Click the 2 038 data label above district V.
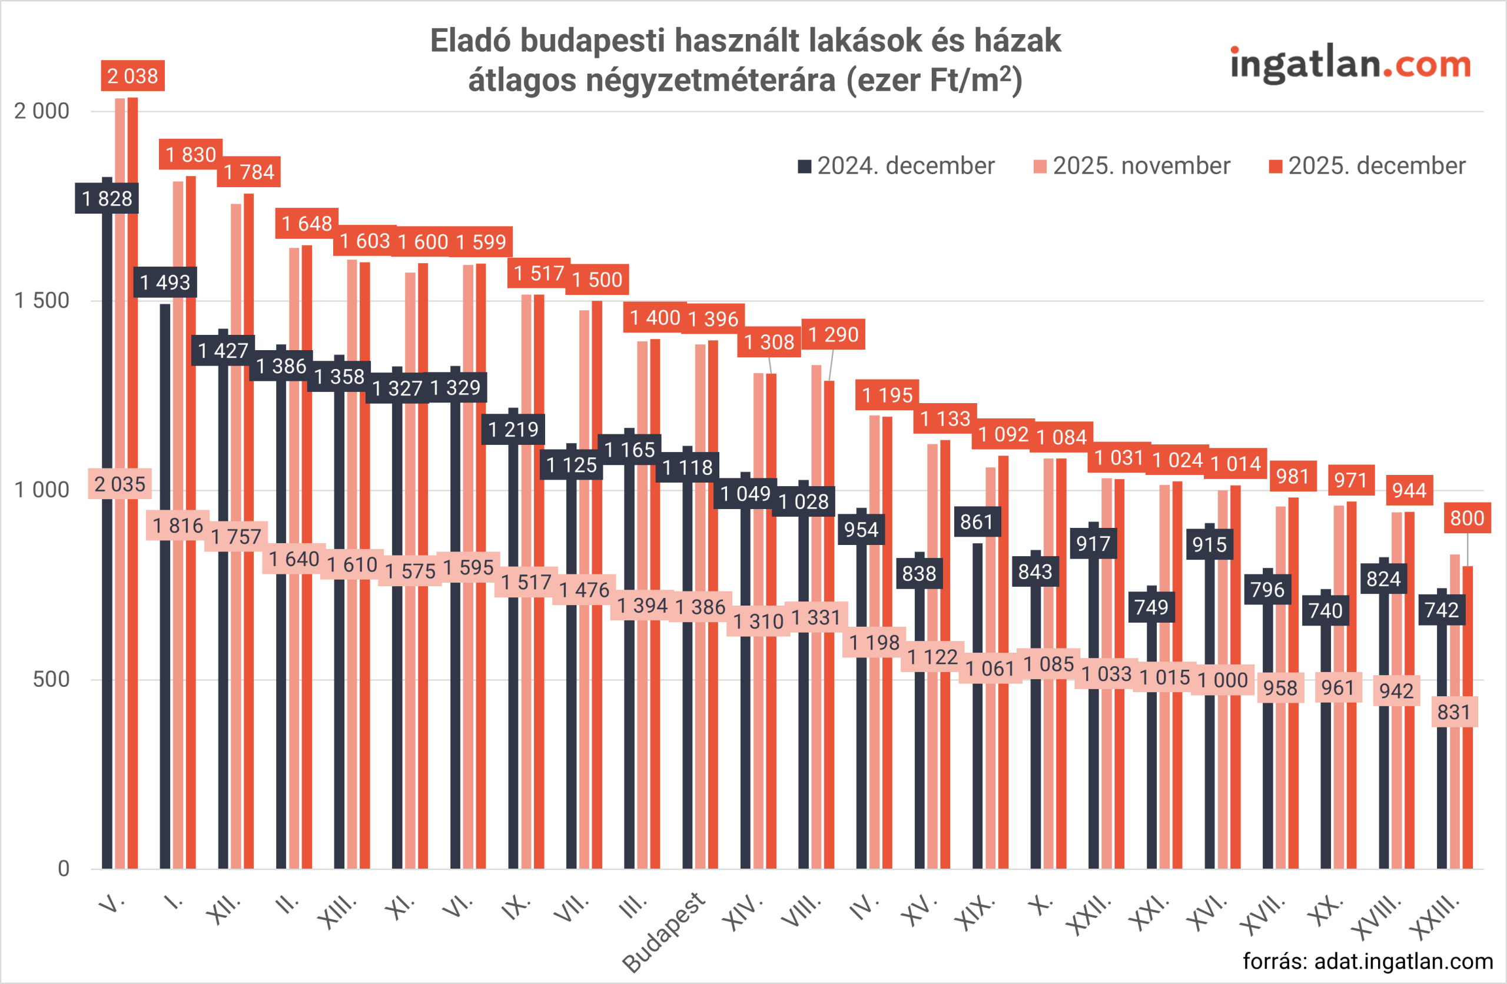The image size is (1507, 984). [x=132, y=76]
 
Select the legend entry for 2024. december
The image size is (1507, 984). [x=896, y=166]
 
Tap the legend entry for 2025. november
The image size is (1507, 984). [x=1131, y=166]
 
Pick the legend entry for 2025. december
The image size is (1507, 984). [x=1367, y=166]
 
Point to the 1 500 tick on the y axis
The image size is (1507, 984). [x=42, y=301]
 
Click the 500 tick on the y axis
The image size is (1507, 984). [x=51, y=679]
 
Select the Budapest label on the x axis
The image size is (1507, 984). [x=663, y=932]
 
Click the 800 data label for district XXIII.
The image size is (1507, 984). [x=1466, y=518]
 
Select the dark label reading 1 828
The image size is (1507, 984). [x=107, y=199]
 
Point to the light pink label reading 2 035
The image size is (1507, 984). [x=120, y=484]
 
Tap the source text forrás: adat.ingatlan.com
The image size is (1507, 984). [x=1367, y=961]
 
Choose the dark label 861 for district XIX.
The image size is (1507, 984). [x=977, y=522]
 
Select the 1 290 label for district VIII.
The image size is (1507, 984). [x=834, y=334]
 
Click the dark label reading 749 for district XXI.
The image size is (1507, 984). [x=1151, y=607]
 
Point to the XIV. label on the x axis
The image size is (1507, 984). [x=742, y=913]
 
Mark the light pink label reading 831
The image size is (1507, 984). [x=1454, y=712]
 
